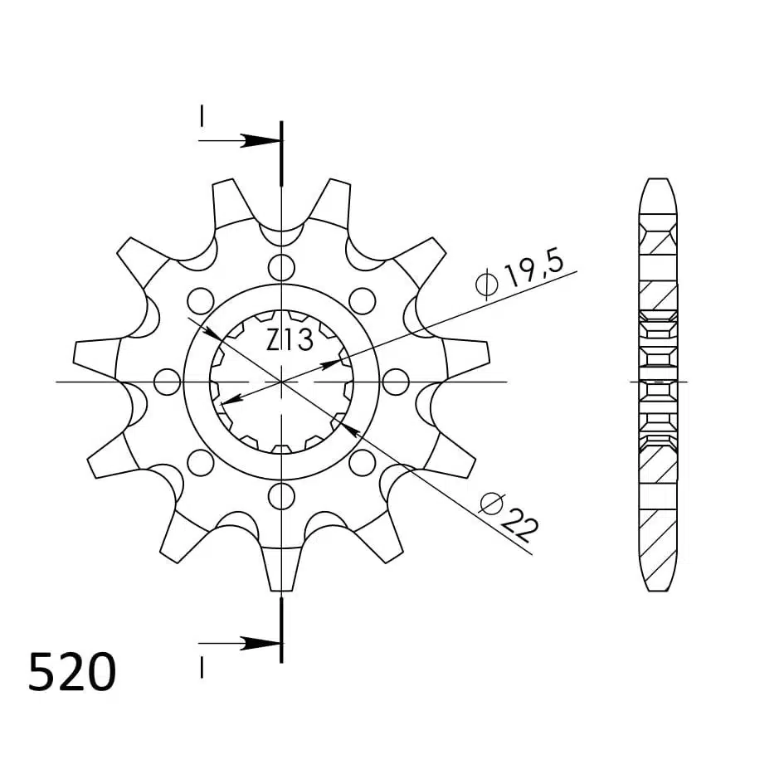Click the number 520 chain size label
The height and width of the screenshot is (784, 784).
point(72,671)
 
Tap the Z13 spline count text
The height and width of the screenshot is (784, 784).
point(290,340)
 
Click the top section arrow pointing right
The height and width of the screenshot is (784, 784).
point(240,140)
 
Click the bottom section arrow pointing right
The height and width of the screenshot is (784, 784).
point(240,644)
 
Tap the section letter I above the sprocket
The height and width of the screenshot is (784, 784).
point(202,116)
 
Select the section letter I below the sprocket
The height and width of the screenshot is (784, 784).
point(202,668)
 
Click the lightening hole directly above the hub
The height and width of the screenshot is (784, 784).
point(281,267)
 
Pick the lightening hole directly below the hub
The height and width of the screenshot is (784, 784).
point(281,496)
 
